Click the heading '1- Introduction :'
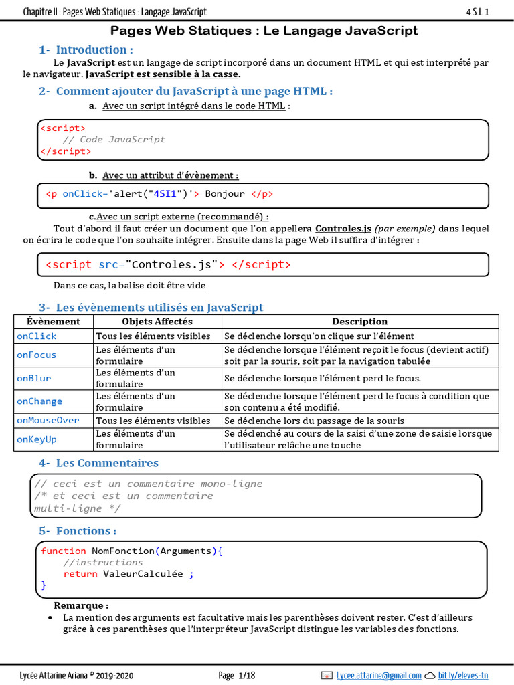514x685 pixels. [86, 50]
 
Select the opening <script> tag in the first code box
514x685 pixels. [63, 128]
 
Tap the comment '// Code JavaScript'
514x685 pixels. [114, 139]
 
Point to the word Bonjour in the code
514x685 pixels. [225, 194]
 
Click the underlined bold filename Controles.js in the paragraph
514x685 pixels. [343, 228]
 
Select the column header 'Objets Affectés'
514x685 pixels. [157, 322]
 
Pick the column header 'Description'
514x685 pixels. [359, 322]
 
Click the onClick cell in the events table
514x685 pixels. [37, 336]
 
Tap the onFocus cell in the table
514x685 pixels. [37, 355]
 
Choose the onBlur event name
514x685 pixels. [34, 378]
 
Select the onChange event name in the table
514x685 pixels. [39, 401]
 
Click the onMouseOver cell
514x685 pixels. [48, 421]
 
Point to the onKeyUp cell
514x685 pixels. [37, 439]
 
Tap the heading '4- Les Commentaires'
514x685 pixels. [98, 463]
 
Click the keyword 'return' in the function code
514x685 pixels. [80, 573]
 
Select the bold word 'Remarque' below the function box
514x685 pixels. [78, 605]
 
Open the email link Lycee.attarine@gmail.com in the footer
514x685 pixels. [379, 675]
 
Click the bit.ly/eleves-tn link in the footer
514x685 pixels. [463, 675]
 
